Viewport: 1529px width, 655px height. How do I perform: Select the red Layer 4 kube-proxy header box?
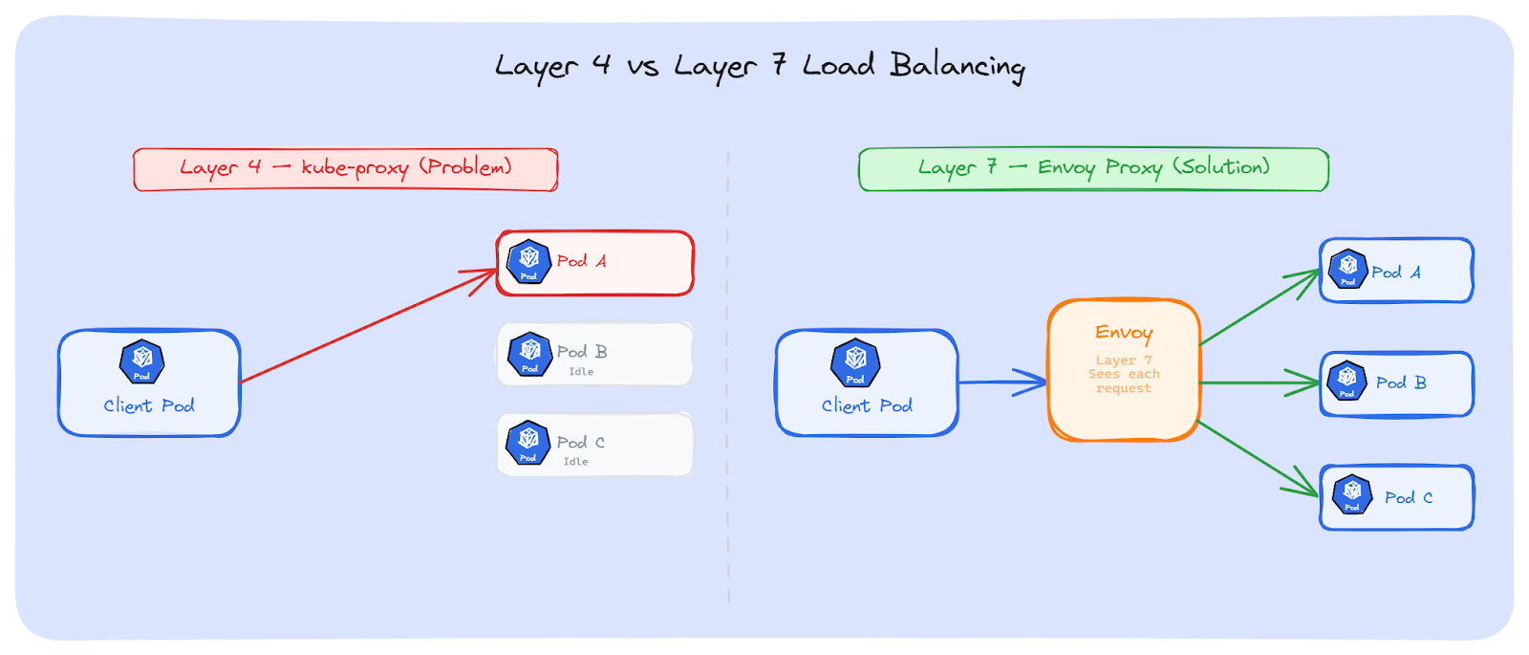[345, 169]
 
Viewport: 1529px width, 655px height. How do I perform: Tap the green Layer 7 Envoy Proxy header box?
[1093, 169]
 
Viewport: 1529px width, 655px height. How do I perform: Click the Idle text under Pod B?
[581, 372]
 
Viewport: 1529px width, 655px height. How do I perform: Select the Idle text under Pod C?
[575, 462]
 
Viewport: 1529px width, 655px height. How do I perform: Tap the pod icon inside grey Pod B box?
[529, 354]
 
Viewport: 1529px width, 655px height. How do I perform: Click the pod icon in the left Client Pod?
[142, 361]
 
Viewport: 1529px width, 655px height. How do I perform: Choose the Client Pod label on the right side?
[867, 406]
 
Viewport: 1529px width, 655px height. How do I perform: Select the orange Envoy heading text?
[1124, 333]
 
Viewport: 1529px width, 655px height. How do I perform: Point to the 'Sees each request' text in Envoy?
[1124, 381]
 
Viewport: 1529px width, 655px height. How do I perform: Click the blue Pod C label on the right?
[1408, 497]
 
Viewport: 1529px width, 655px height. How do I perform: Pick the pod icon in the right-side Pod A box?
[1347, 269]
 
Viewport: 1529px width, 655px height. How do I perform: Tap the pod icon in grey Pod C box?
[528, 443]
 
